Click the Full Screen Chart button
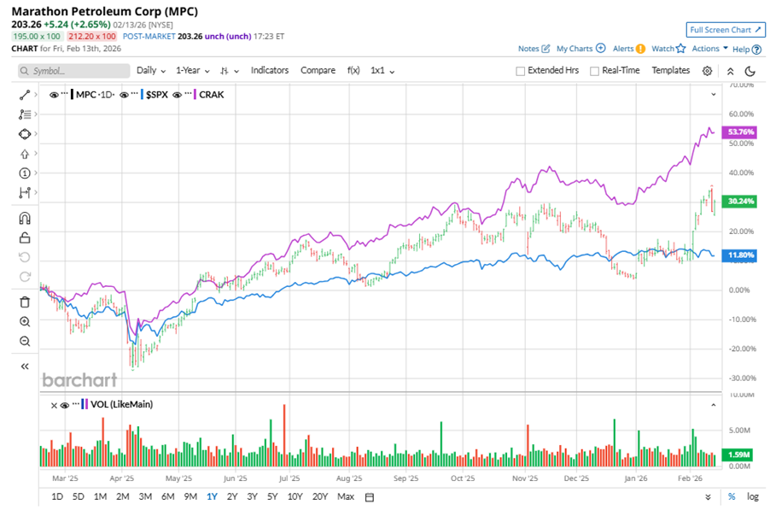coord(724,29)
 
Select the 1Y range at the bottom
coord(211,496)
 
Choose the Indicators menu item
coord(270,71)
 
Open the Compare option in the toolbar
coord(318,71)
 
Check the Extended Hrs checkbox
coord(521,71)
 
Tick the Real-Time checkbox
coord(594,71)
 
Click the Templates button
coord(670,71)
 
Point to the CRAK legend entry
coord(212,95)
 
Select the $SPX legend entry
coord(156,95)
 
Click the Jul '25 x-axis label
coord(289,479)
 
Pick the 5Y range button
coord(271,496)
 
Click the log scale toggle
coord(752,496)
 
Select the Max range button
coord(345,496)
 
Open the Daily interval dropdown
coord(151,71)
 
